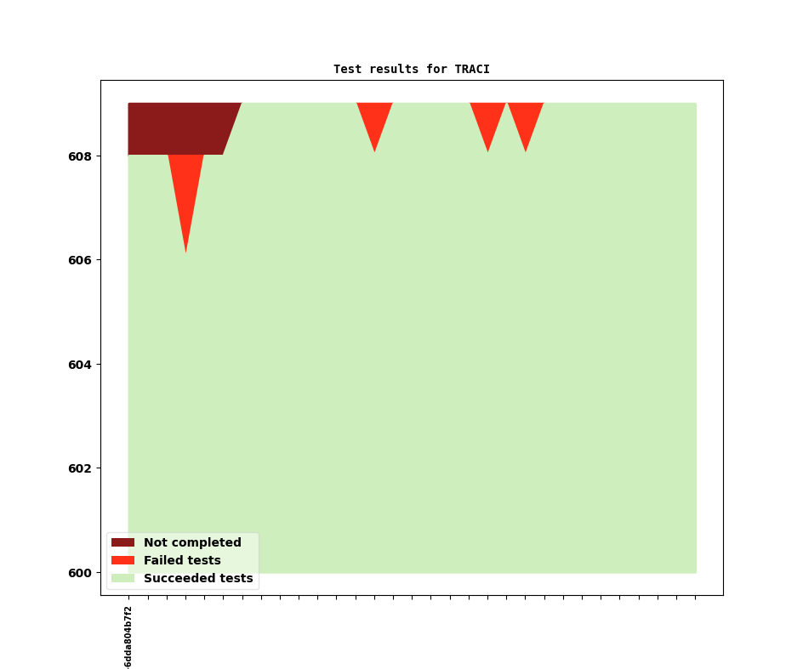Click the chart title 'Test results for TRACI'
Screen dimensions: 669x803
coord(411,69)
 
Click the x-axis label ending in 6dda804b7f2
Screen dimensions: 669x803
coord(128,638)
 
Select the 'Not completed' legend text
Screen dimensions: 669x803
coord(192,542)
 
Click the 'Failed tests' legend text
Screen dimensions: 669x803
coord(182,560)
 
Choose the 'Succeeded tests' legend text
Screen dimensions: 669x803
coord(198,578)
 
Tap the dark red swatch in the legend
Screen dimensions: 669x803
coord(122,542)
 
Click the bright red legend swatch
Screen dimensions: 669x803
coord(122,560)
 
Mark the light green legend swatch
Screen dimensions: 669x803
coord(122,578)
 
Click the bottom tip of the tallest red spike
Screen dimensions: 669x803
coord(185,252)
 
